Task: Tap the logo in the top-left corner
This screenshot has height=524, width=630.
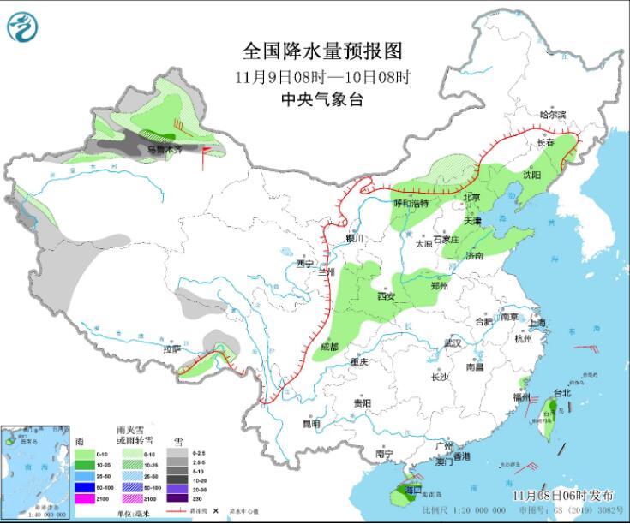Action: [x=23, y=27]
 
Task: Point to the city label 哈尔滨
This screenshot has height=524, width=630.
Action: [x=554, y=115]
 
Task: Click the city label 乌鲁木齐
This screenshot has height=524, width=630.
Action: [x=165, y=149]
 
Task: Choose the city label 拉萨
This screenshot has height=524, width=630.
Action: [x=172, y=348]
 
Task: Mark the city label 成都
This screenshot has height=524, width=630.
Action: [x=329, y=347]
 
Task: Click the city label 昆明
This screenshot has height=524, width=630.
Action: [x=310, y=423]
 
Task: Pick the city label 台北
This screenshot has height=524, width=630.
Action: [x=561, y=393]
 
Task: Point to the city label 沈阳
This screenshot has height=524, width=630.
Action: [x=531, y=176]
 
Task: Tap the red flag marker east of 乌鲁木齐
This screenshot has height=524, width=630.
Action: [x=207, y=155]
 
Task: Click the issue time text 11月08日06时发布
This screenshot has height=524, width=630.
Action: [x=563, y=496]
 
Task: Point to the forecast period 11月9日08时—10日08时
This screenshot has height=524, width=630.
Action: [x=322, y=76]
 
